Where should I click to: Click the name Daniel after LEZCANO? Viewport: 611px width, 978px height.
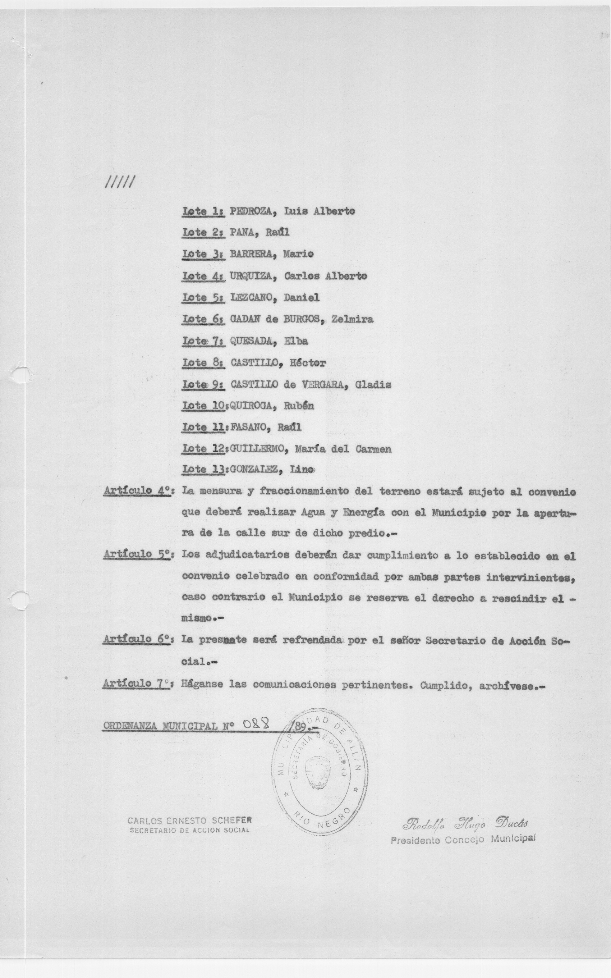pos(301,298)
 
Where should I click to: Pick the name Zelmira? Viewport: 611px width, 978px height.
pos(352,319)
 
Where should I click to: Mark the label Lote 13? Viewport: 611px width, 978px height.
pos(204,470)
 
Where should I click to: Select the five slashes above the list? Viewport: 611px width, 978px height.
pos(120,184)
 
